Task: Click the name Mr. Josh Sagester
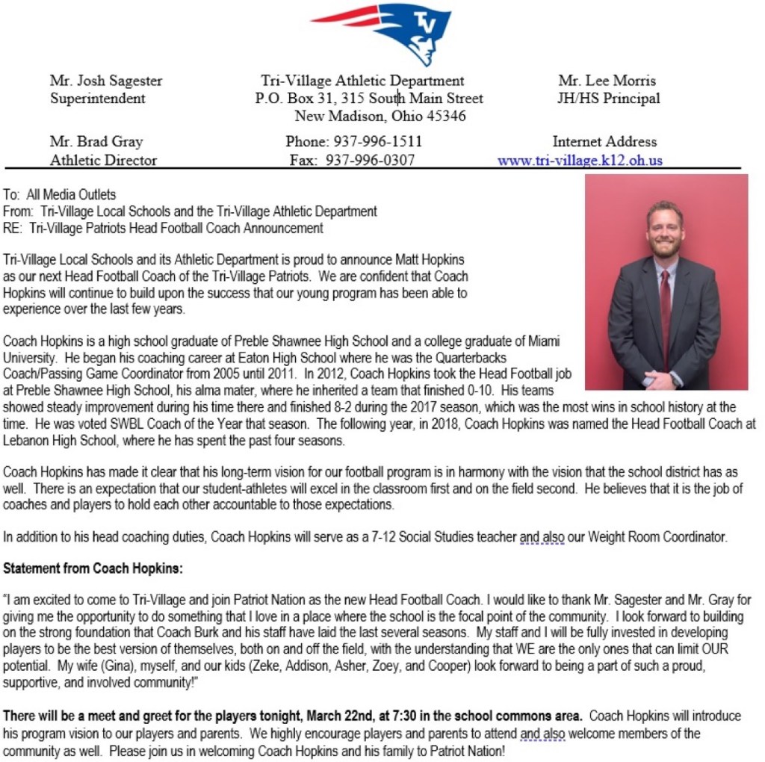tap(106, 81)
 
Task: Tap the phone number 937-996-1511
tap(377, 141)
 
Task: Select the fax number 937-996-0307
tap(370, 160)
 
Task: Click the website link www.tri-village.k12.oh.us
tap(580, 160)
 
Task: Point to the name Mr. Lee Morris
tap(607, 81)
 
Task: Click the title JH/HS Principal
tap(608, 98)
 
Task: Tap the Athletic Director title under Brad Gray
tap(104, 160)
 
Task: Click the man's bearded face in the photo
tap(665, 232)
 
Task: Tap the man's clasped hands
tap(661, 380)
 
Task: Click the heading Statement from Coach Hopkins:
tap(93, 569)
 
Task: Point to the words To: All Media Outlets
tap(60, 195)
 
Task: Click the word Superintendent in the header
tap(98, 98)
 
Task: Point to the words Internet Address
tap(604, 141)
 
